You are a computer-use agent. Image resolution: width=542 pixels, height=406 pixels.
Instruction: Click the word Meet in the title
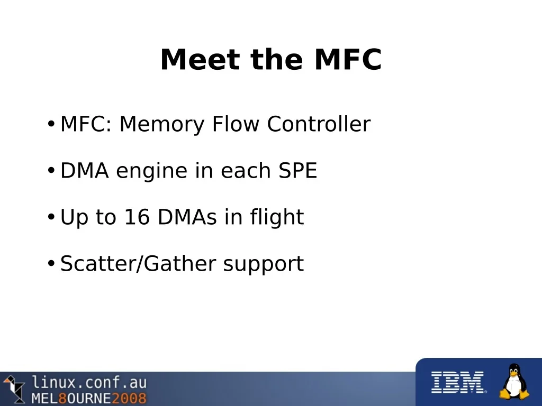point(200,59)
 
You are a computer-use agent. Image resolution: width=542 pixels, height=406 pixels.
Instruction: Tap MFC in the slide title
point(348,59)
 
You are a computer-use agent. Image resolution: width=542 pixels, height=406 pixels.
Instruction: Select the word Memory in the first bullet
point(162,124)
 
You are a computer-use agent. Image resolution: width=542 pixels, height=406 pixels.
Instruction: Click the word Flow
point(236,124)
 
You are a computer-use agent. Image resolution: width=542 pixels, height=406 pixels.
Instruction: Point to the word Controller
point(319,124)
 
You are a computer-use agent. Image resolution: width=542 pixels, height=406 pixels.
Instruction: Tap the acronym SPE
point(297,170)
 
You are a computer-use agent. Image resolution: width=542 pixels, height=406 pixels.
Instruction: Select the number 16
point(137,217)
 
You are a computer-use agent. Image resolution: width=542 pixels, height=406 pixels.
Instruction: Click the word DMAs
point(187,217)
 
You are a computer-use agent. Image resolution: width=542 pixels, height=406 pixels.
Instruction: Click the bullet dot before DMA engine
point(51,171)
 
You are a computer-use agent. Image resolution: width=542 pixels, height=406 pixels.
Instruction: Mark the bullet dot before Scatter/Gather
point(51,263)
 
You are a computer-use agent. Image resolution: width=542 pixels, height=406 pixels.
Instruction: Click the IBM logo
point(458,382)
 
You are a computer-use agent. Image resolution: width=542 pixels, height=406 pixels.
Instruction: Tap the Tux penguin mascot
point(514,382)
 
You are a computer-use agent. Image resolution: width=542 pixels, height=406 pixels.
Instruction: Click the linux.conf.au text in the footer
point(89,383)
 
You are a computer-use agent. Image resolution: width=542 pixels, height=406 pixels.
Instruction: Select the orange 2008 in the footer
point(129,398)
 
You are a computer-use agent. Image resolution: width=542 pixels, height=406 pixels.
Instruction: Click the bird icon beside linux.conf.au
point(14,389)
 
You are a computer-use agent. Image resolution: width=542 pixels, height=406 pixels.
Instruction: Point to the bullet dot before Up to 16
point(51,217)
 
